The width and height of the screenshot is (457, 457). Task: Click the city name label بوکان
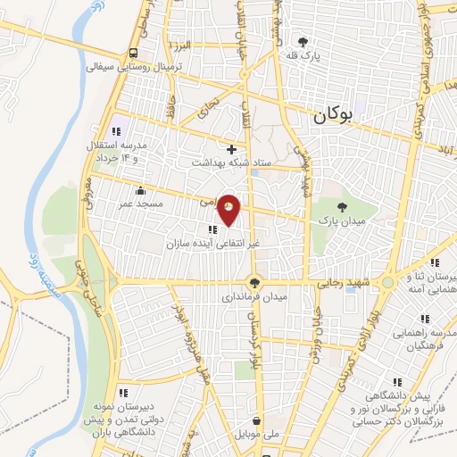coord(335,114)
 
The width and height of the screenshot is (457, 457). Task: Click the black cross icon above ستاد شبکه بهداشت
coord(232,149)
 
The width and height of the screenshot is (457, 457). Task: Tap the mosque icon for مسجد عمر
coord(141,190)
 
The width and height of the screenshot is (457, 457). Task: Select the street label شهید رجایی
coord(340,283)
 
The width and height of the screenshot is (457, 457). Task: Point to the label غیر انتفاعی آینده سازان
coord(212,242)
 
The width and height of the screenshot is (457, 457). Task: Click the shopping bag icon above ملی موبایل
coord(257,420)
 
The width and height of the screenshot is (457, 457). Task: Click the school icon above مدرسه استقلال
coord(119,120)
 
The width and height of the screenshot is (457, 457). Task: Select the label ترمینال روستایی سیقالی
coord(134,67)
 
